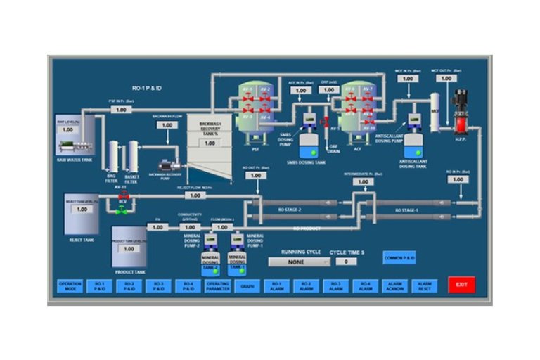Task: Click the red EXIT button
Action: click(x=461, y=285)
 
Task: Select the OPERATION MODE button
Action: click(x=70, y=285)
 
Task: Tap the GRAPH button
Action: click(x=247, y=285)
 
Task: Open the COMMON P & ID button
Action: click(x=399, y=258)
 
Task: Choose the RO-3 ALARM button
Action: click(x=336, y=285)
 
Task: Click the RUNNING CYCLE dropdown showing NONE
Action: click(x=299, y=262)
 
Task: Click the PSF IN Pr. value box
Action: click(x=121, y=110)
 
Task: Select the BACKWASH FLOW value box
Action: click(x=167, y=126)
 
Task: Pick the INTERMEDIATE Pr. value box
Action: click(x=362, y=181)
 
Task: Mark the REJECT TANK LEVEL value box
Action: click(x=82, y=209)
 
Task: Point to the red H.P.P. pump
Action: click(x=461, y=112)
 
